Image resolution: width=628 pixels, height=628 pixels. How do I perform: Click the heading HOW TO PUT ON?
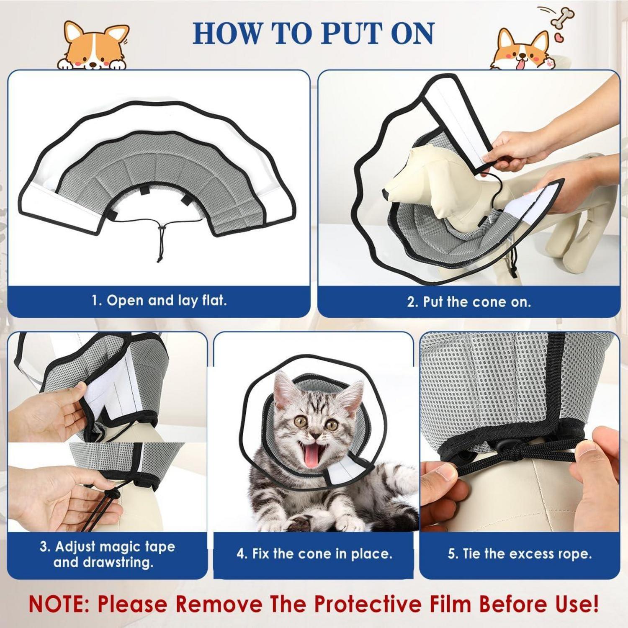[x=313, y=33]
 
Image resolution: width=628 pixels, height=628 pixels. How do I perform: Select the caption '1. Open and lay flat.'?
[x=159, y=300]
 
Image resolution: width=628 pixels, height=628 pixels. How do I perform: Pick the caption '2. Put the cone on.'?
[x=469, y=302]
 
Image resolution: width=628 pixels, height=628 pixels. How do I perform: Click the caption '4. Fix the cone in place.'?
[x=314, y=553]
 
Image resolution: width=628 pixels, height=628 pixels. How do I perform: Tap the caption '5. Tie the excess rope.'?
[x=520, y=553]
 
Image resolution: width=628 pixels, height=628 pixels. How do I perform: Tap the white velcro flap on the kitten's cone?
[x=342, y=473]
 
